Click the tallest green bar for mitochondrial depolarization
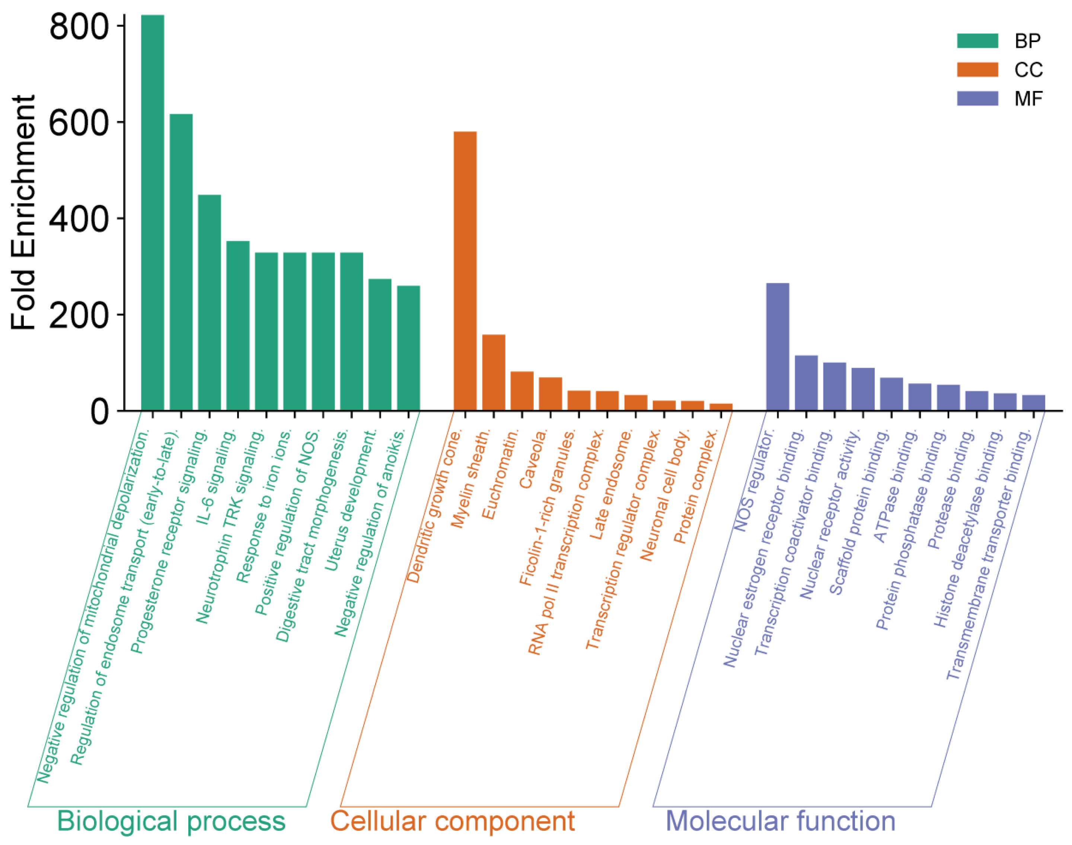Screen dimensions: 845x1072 152,213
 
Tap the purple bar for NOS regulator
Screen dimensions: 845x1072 778,346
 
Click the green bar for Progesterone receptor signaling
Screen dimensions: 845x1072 209,303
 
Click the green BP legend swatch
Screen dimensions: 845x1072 977,41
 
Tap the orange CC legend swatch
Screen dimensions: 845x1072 977,70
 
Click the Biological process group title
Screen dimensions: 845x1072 171,821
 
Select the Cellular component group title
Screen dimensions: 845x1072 452,821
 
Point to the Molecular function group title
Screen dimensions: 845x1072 780,821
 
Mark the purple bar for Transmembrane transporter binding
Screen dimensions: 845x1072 1033,403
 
